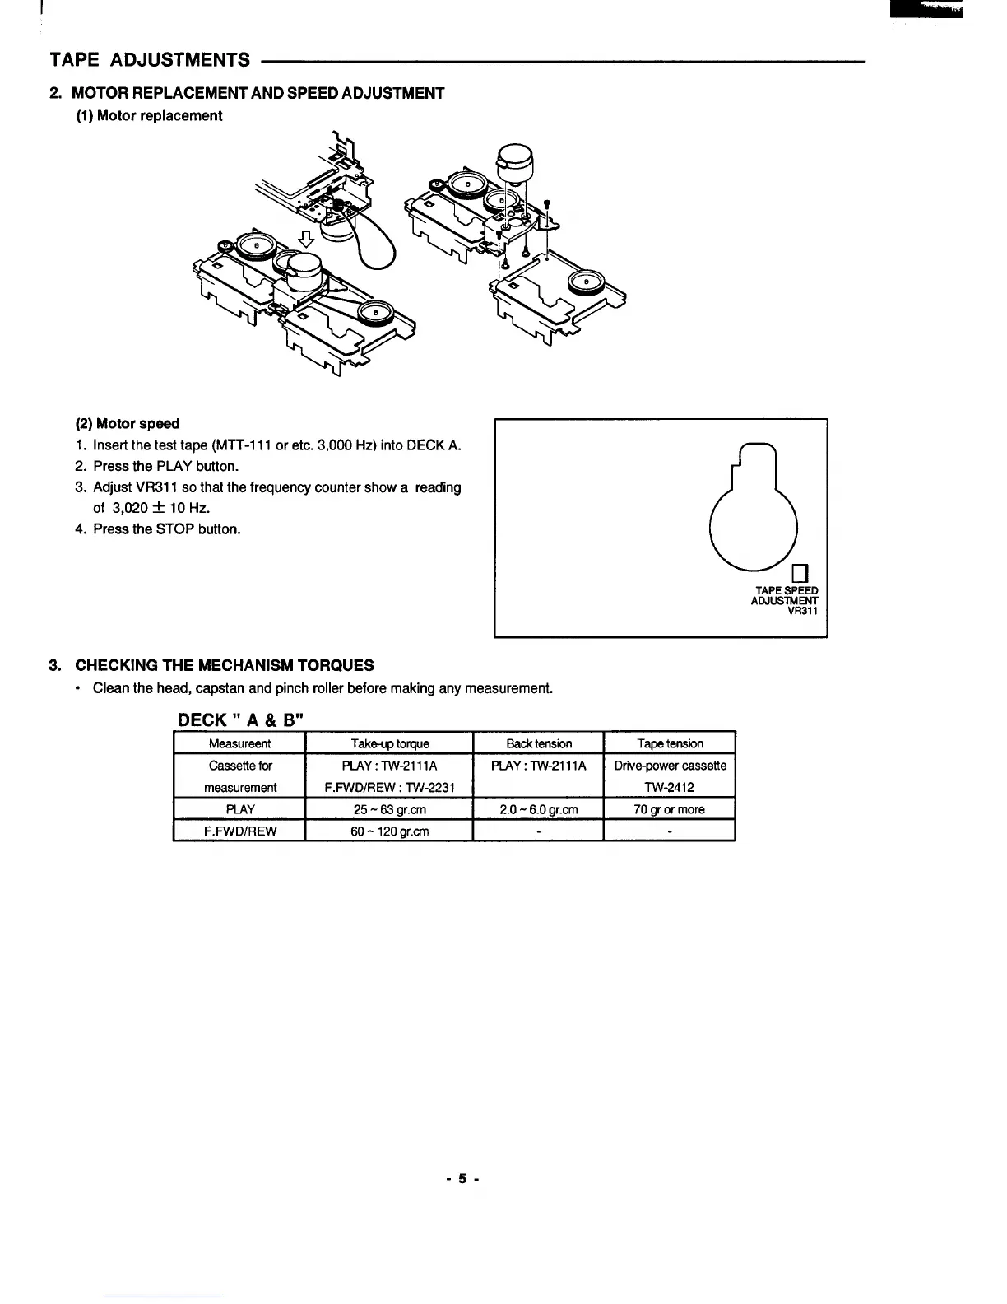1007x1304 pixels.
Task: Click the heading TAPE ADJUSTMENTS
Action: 150,60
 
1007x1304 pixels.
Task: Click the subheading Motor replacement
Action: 159,116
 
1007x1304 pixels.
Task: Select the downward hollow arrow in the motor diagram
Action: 306,240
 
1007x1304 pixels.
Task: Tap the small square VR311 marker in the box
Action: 799,573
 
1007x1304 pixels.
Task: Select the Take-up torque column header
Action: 389,744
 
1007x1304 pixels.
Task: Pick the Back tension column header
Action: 539,744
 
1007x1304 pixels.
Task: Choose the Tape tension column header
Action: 670,744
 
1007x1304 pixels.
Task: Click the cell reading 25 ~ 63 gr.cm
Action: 389,810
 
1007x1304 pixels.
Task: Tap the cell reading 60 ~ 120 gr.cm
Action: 389,831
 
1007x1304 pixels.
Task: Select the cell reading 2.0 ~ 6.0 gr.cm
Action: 539,810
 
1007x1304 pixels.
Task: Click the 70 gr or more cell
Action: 670,810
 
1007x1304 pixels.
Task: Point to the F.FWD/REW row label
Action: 240,831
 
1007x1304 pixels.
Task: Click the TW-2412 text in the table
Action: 670,788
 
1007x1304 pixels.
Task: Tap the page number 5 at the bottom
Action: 462,1179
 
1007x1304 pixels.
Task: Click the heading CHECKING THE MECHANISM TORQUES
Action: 224,665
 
